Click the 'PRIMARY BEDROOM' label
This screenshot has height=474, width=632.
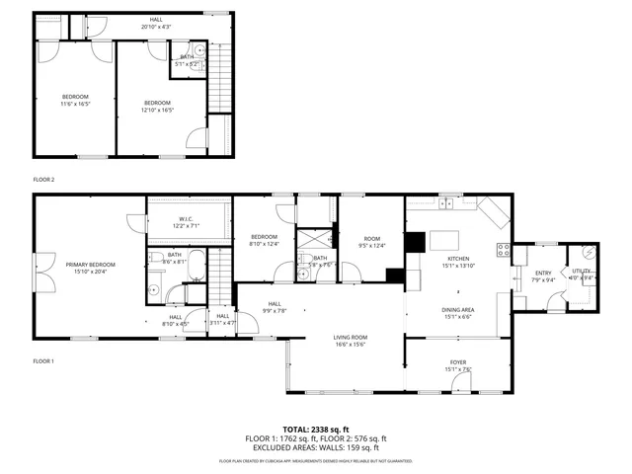coord(91,265)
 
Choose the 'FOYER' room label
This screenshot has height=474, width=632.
coord(458,362)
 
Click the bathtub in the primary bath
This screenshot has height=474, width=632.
coord(196,267)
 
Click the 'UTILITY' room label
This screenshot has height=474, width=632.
coord(583,271)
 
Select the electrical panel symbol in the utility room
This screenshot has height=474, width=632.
coord(590,251)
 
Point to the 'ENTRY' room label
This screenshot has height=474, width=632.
coord(543,274)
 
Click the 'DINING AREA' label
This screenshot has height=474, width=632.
coord(458,309)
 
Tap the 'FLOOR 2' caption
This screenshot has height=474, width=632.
coord(43,180)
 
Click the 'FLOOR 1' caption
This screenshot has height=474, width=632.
coord(43,361)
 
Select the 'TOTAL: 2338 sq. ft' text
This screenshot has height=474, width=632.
coord(316,431)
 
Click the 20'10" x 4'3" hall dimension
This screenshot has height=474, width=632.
coord(157,26)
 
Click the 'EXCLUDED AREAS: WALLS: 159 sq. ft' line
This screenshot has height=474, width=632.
coord(316,447)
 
